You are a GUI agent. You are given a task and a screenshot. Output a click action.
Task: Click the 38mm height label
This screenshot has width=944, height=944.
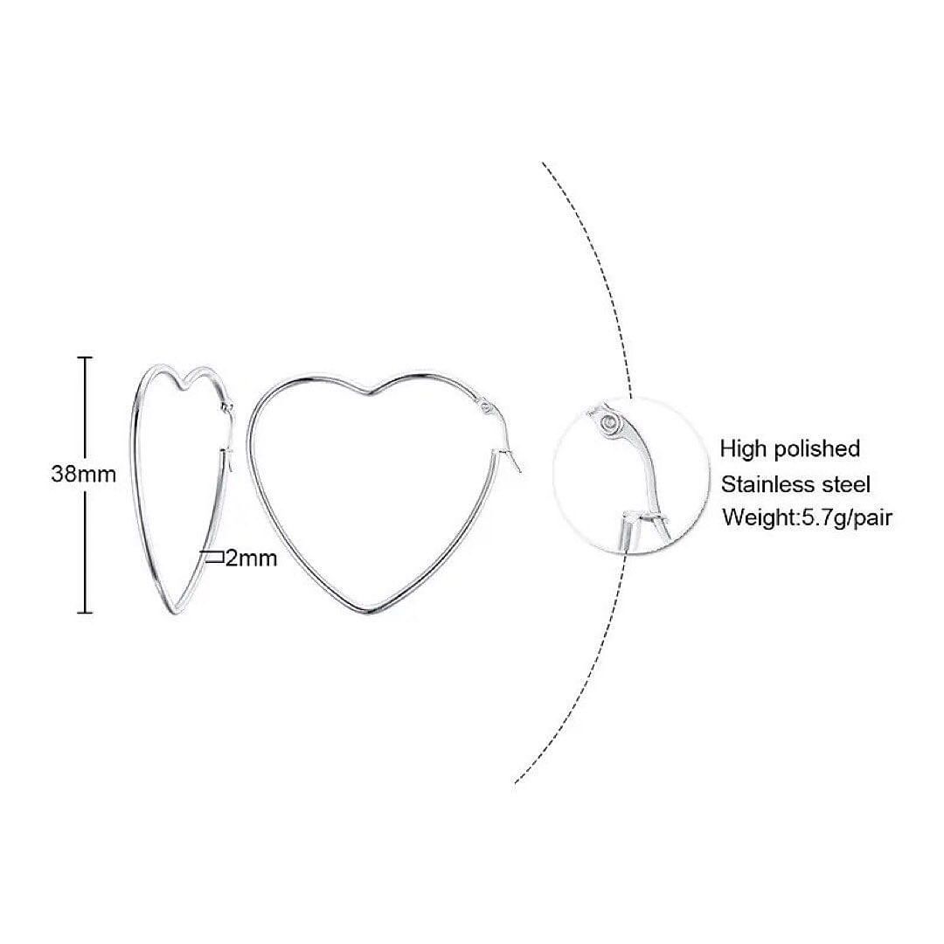tap(83, 474)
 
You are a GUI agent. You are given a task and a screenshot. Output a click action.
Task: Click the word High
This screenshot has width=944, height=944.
tap(744, 449)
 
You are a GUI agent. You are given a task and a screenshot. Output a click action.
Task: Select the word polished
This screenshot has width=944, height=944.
tap(816, 449)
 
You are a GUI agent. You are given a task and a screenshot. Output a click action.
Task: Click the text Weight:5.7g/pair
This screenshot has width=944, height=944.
tap(807, 517)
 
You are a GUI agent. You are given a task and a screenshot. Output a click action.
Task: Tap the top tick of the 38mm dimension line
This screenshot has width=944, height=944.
tap(85, 357)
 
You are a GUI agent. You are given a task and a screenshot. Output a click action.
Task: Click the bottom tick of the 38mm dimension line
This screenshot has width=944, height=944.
tap(85, 613)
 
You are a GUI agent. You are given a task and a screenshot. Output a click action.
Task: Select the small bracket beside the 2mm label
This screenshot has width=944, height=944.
tap(215, 557)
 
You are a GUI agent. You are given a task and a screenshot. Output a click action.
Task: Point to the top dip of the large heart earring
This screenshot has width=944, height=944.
tap(371, 394)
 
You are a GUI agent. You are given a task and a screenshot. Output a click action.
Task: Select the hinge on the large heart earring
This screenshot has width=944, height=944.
tap(488, 407)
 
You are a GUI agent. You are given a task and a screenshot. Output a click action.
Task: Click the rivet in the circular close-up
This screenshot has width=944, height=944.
tap(608, 423)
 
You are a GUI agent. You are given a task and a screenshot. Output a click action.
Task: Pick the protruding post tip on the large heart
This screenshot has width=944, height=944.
tap(516, 463)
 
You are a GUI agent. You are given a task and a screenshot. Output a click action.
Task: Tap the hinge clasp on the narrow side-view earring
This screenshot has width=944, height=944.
tap(227, 408)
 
